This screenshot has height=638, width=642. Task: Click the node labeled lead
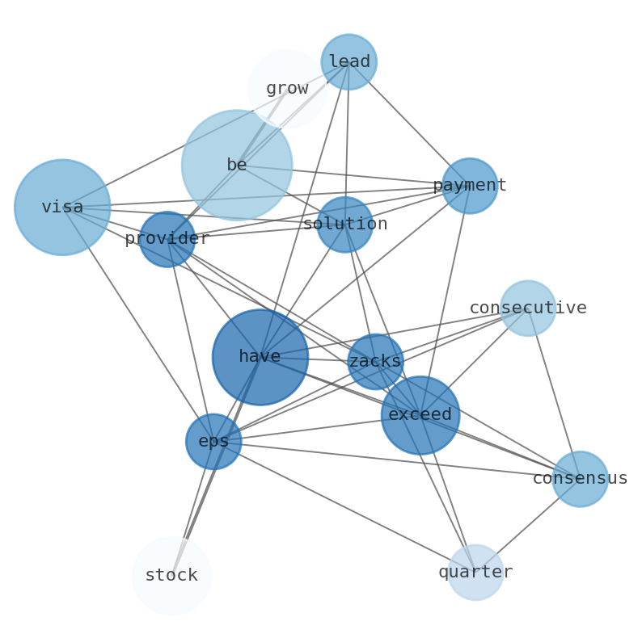coord(348,62)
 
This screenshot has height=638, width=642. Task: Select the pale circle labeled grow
coord(287,89)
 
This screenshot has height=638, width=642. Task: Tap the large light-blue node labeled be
coord(236,165)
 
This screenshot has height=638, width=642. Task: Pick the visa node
coord(62,208)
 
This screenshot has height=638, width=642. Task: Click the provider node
coord(167,239)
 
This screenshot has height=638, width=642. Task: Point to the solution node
coord(345,225)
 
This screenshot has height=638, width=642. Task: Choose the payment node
coord(470,186)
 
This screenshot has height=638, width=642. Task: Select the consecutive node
coord(528,308)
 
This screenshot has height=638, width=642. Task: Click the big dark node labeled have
coord(260,357)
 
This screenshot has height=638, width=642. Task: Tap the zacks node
coord(375,362)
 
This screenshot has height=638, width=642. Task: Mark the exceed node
coord(420,415)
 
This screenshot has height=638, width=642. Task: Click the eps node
coord(213,442)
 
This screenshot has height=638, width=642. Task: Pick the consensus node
coord(580,479)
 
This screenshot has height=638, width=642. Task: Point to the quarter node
coord(476,573)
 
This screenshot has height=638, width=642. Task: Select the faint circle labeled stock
coord(171,576)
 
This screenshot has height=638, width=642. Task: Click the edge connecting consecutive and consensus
coord(554,393)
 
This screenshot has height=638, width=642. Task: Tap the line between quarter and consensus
coord(528,526)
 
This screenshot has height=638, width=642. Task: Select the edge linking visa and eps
coord(137,324)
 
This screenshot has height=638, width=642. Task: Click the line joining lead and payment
coord(409,124)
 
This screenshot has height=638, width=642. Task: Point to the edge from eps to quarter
coord(344,507)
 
